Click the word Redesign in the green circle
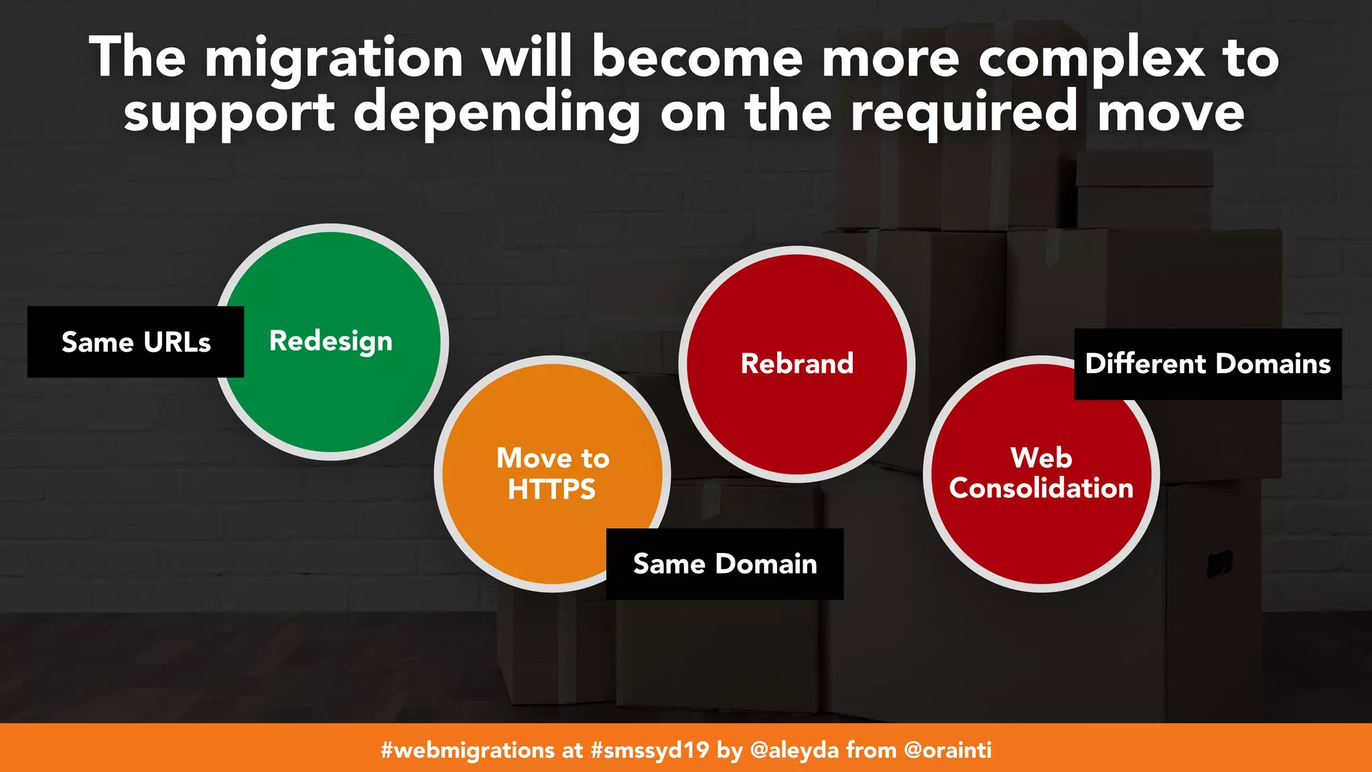pyautogui.click(x=330, y=342)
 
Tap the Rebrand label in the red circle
pyautogui.click(x=797, y=364)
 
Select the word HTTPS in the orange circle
pyautogui.click(x=551, y=489)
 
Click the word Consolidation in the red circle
pyautogui.click(x=1041, y=488)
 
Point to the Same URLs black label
pyautogui.click(x=136, y=342)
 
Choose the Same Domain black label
pyautogui.click(x=725, y=564)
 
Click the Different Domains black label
pyautogui.click(x=1207, y=364)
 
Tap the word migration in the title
pyautogui.click(x=334, y=59)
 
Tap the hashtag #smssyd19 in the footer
pyautogui.click(x=649, y=750)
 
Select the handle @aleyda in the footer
pyautogui.click(x=795, y=750)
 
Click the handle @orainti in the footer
pyautogui.click(x=947, y=750)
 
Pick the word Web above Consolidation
pyautogui.click(x=1041, y=458)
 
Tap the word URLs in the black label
pyautogui.click(x=177, y=342)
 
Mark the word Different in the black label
pyautogui.click(x=1146, y=364)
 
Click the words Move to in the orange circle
pyautogui.click(x=553, y=458)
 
